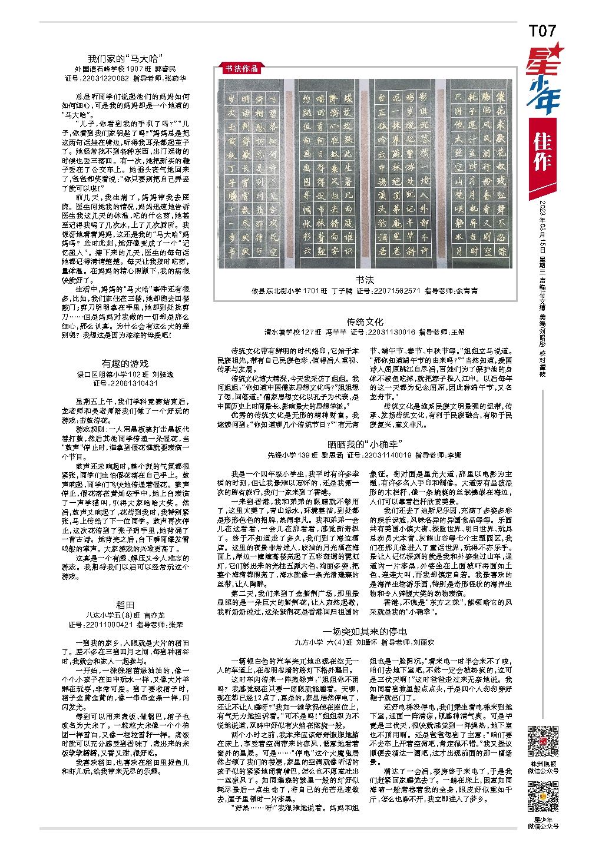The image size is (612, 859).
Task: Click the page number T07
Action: click(x=542, y=31)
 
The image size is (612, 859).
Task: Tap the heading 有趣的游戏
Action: click(x=125, y=363)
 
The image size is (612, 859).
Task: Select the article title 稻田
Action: click(x=125, y=605)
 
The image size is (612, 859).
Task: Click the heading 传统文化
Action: click(x=365, y=321)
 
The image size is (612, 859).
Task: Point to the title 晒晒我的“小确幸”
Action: click(x=365, y=443)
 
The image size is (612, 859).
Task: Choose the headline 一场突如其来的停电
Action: click(x=365, y=631)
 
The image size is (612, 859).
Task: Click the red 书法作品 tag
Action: click(x=241, y=68)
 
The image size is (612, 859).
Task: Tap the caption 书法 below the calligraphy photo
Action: click(x=365, y=280)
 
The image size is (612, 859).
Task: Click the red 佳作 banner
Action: click(x=542, y=152)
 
